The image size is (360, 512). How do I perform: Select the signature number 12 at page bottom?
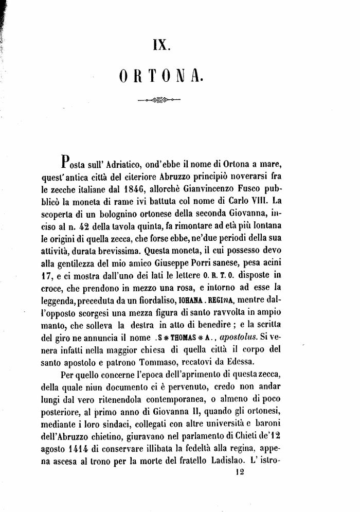pos(239,477)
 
